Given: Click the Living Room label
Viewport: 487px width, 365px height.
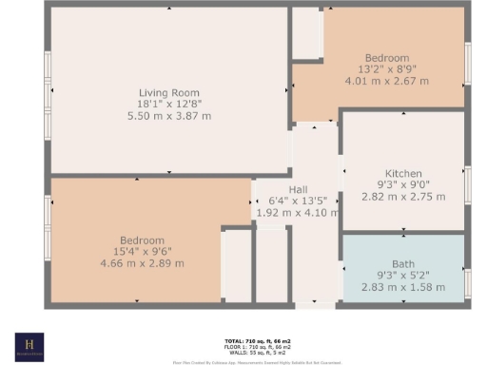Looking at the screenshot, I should tap(169, 92).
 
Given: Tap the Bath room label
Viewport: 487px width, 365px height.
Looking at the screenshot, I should tap(402, 263).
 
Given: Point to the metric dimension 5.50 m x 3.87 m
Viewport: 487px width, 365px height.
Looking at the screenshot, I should tap(169, 115).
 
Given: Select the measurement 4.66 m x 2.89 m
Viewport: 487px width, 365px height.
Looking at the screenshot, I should tap(142, 263).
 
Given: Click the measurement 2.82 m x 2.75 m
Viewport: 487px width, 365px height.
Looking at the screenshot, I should tap(402, 196).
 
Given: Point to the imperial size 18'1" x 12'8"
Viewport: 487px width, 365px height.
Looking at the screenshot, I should tap(169, 104).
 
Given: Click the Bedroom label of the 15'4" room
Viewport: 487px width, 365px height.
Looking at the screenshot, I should tap(142, 240).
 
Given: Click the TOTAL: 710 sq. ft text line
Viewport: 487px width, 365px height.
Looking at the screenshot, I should tap(243, 339).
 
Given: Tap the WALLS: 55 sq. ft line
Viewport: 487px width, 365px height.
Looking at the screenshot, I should tap(243, 351).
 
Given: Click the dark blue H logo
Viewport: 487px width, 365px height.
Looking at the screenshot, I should tap(29, 346).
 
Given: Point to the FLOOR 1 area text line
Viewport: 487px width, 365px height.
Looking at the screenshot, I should tap(243, 345).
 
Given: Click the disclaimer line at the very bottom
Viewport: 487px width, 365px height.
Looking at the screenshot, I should tap(243, 362).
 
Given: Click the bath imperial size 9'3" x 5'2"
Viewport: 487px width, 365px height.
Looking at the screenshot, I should tap(402, 275).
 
